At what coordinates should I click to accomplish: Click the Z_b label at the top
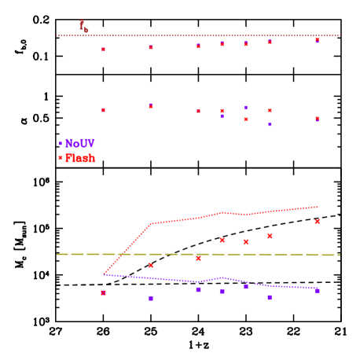83,26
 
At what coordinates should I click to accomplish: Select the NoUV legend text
80,144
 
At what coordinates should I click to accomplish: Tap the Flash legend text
80,158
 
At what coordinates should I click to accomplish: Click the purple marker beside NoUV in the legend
61,144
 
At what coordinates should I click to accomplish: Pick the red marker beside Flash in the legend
61,158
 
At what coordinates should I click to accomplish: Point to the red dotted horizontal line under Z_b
197,35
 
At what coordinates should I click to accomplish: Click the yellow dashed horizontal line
197,254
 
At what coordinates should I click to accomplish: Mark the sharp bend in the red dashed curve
151,223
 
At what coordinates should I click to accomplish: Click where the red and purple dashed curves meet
104,274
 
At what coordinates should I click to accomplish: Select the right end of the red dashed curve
317,207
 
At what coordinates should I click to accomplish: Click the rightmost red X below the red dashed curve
318,222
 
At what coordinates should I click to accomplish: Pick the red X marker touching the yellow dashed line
198,258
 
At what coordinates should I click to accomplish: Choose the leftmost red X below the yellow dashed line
151,266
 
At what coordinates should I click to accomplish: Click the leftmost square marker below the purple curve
103,292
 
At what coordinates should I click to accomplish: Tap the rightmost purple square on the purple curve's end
317,291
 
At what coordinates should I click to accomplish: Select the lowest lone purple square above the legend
270,124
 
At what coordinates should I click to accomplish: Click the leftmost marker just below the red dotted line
103,50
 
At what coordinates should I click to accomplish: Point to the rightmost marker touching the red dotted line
318,39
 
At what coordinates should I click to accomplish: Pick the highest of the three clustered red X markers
270,236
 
